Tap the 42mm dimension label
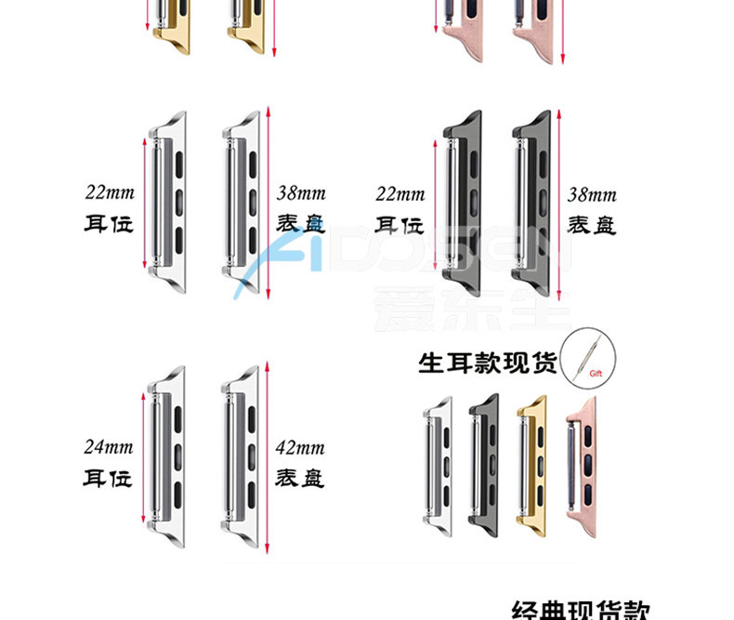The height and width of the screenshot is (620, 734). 301,448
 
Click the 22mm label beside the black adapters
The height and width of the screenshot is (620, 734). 400,195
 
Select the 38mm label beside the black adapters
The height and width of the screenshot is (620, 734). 592,195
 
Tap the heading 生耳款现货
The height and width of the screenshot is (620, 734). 487,361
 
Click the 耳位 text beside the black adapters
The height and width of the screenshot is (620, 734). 400,225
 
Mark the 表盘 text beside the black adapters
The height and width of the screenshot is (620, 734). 592,225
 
